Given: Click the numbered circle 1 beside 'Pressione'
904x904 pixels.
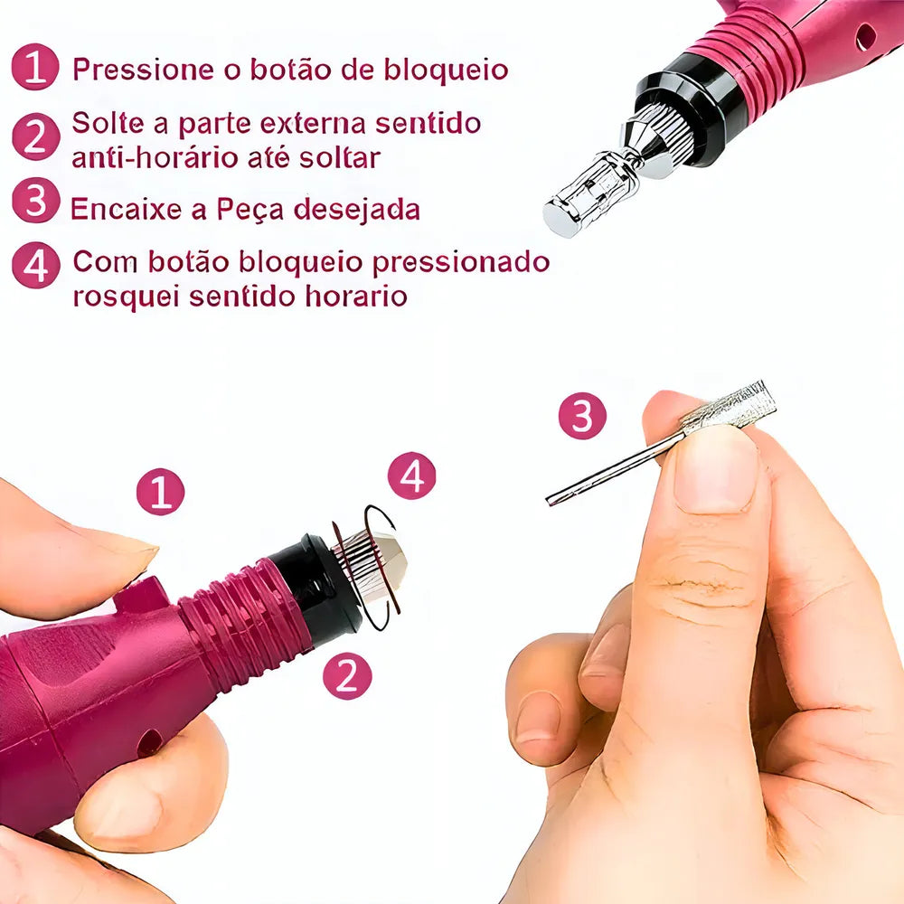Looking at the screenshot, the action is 35,67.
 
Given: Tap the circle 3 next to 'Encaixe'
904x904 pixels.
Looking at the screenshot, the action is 36,200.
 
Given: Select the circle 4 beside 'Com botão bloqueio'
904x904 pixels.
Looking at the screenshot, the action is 36,265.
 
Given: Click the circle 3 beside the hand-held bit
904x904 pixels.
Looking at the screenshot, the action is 582,416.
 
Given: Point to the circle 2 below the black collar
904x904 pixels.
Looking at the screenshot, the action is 347,675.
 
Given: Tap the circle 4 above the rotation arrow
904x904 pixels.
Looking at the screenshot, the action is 411,476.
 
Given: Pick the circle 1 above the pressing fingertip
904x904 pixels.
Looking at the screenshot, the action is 160,492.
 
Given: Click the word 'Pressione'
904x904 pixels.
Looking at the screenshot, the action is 144,70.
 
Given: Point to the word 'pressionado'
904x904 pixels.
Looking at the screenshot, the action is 461,263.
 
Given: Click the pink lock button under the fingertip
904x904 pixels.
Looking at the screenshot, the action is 142,594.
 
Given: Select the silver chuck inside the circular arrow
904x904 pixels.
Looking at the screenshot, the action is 370,566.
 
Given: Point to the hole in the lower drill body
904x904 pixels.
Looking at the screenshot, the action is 150,743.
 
